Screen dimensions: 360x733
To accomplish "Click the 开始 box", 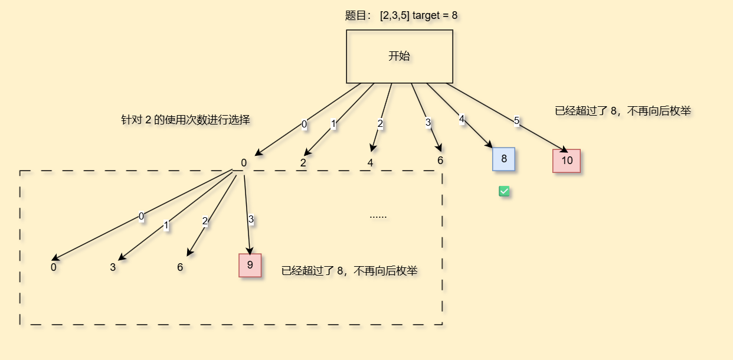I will pyautogui.click(x=399, y=57).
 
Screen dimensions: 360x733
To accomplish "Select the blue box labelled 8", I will pyautogui.click(x=503, y=159).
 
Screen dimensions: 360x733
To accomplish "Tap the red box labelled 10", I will pyautogui.click(x=567, y=161).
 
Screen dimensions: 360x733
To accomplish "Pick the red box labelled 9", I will pyautogui.click(x=250, y=265).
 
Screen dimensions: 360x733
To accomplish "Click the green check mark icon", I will pyautogui.click(x=504, y=191).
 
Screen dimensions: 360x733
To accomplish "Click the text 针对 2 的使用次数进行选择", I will pyautogui.click(x=186, y=120).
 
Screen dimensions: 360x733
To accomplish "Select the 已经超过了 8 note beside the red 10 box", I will pyautogui.click(x=623, y=110).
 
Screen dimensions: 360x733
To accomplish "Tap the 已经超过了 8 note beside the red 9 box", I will pyautogui.click(x=349, y=271).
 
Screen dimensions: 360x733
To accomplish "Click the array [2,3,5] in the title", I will pyautogui.click(x=395, y=15).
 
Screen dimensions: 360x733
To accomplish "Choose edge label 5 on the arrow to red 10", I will pyautogui.click(x=516, y=120).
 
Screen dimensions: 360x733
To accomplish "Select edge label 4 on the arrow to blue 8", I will pyautogui.click(x=462, y=119).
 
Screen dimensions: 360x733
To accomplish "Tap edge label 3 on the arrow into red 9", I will pyautogui.click(x=251, y=220).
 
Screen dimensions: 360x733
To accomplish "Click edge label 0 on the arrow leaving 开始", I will pyautogui.click(x=304, y=124).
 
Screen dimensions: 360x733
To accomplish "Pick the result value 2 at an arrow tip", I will pyautogui.click(x=303, y=163).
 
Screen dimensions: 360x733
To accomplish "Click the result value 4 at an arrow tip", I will pyautogui.click(x=370, y=162).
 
